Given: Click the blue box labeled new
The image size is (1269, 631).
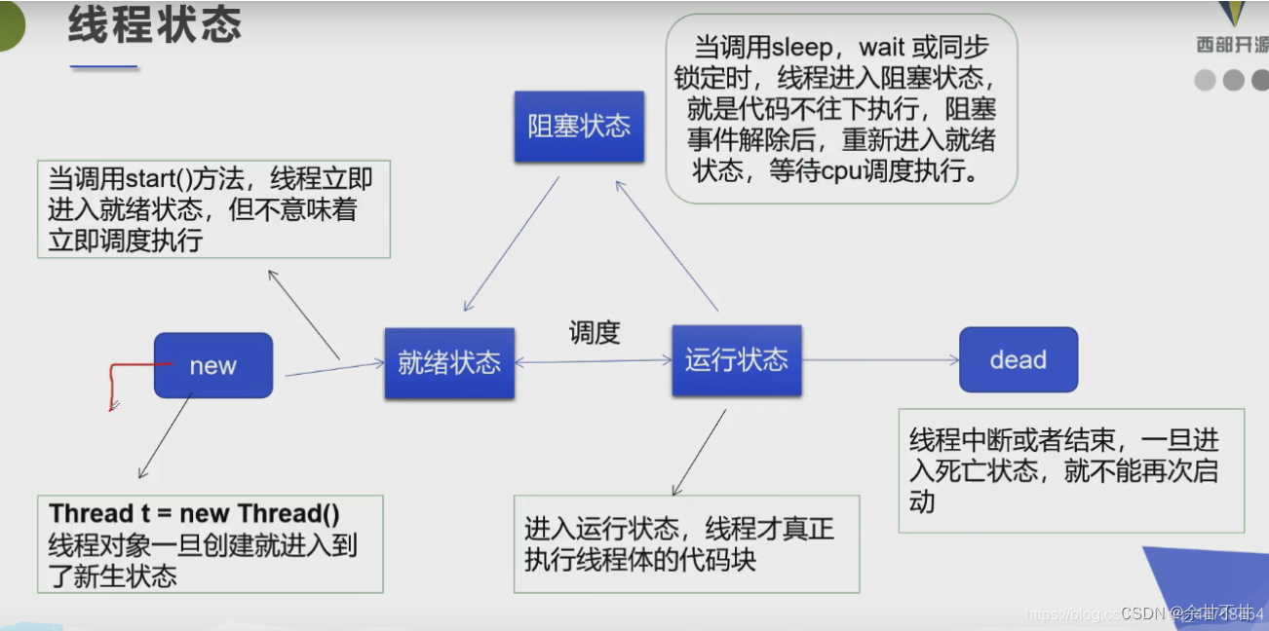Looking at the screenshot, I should (x=212, y=365).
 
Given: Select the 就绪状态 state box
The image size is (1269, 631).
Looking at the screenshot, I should (x=449, y=362).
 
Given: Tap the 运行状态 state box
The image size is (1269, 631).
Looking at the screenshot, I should (x=736, y=360).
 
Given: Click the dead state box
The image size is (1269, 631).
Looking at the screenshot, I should (x=1018, y=359).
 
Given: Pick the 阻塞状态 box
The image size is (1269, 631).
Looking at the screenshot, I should (x=579, y=126).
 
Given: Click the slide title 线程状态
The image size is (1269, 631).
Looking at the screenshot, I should (x=154, y=26).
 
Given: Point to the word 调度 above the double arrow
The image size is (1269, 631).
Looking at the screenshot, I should (x=594, y=332).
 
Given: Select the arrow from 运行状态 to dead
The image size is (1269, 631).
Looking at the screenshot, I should (x=880, y=360).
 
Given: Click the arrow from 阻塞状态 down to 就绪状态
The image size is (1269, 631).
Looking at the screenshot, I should (x=512, y=243).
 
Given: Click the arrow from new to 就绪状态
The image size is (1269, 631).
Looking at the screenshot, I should (x=334, y=369).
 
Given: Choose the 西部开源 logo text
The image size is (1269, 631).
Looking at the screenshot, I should (x=1232, y=45).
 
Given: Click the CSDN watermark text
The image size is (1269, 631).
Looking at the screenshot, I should (x=1144, y=613).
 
